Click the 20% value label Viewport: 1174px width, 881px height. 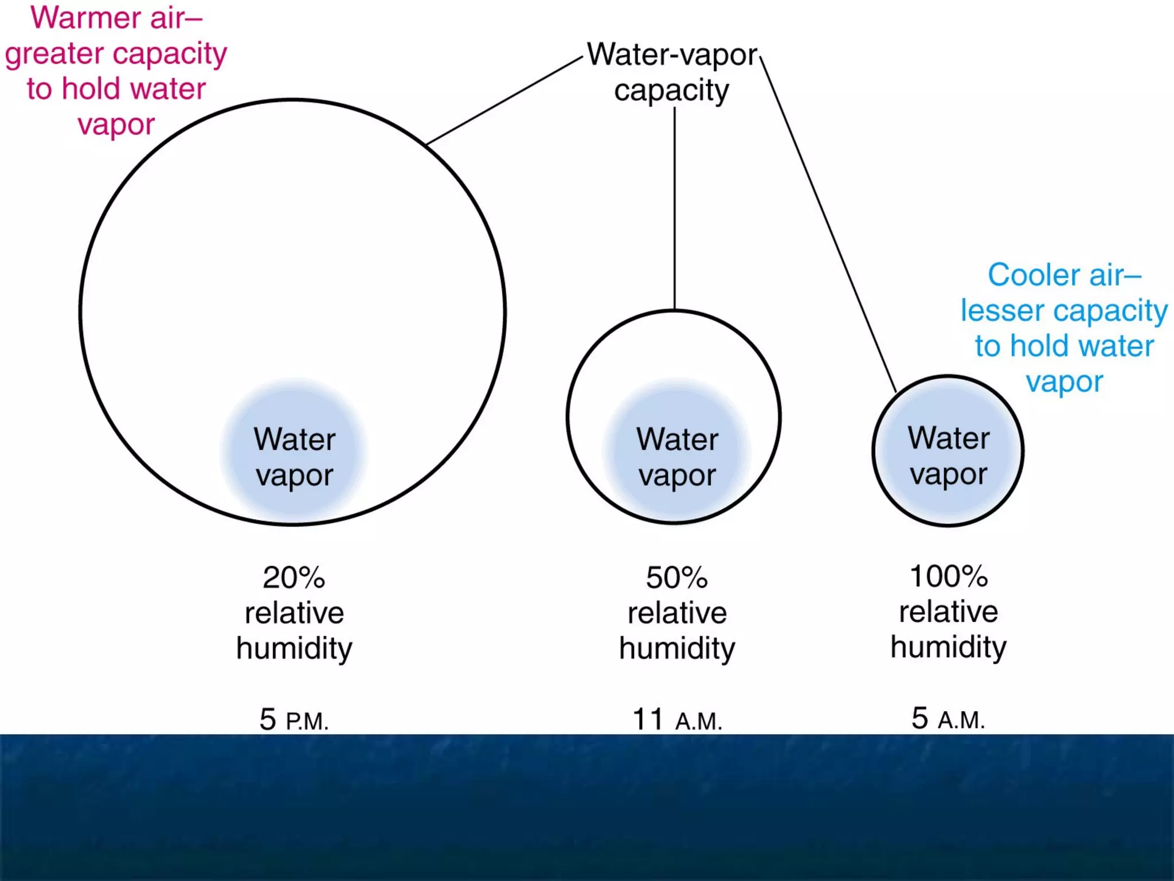tap(293, 578)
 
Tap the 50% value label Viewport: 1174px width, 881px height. tap(676, 578)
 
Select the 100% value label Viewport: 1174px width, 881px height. tap(948, 576)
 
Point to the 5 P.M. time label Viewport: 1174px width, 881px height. tap(293, 720)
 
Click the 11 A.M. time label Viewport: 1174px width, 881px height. tap(676, 720)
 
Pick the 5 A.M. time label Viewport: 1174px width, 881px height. tap(948, 719)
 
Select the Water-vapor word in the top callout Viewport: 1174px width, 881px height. tap(672, 55)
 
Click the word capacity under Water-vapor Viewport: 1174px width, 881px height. tap(671, 91)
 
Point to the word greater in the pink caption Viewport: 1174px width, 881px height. tap(54, 54)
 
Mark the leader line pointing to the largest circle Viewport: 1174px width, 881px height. tap(504, 101)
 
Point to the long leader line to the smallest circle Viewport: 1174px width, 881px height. tap(828, 224)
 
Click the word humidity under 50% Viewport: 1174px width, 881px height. tap(676, 649)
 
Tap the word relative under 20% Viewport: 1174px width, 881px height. tap(293, 613)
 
